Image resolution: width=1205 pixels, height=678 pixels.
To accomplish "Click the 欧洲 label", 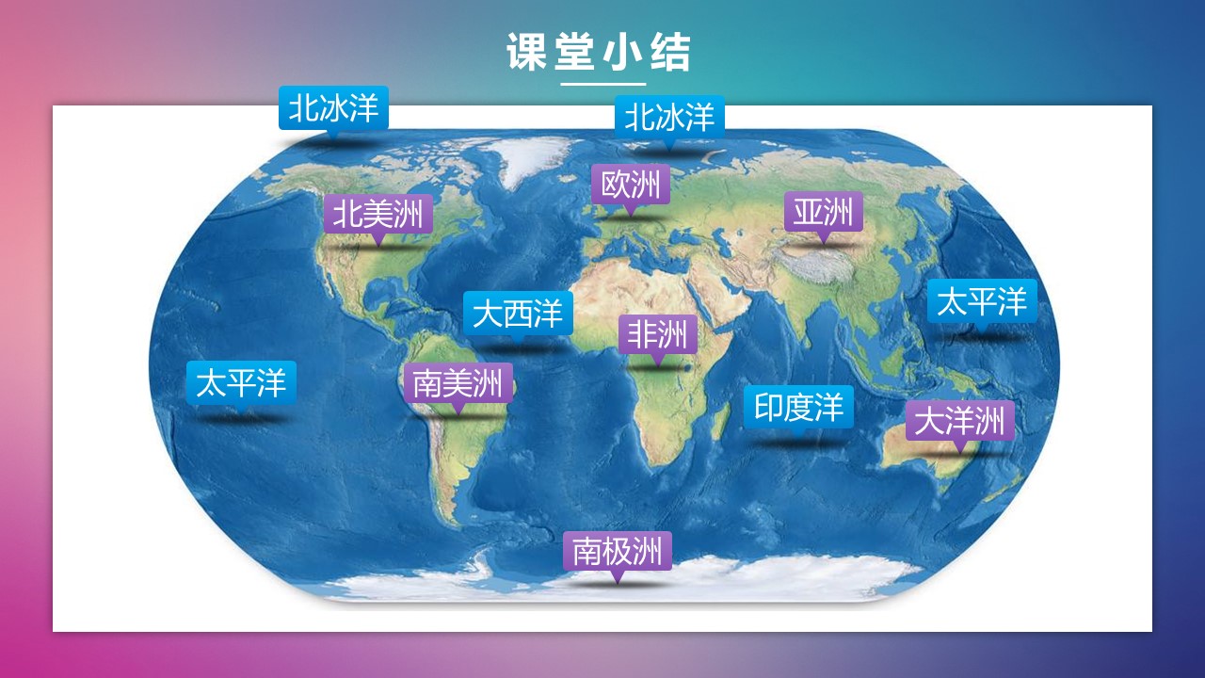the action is (631, 184).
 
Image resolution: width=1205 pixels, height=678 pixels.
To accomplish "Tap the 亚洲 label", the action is (823, 212).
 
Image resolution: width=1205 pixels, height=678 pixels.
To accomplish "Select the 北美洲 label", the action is (378, 214).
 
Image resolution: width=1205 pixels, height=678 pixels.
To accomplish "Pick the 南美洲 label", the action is (458, 383).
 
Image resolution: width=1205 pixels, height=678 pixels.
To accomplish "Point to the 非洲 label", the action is (658, 334).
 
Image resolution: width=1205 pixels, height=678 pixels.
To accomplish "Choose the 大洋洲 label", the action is (959, 420).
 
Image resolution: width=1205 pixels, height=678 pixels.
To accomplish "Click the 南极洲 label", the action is (618, 551).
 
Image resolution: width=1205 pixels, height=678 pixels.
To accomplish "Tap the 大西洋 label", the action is (518, 314).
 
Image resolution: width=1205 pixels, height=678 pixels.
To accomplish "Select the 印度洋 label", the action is (798, 407).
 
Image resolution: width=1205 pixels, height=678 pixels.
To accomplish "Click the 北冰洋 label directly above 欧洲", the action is (669, 117).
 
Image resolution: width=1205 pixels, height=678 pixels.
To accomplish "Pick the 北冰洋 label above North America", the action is (333, 107).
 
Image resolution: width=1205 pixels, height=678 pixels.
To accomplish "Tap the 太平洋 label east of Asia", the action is (982, 301).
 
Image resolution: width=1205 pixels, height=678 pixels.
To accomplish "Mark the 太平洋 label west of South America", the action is (241, 382).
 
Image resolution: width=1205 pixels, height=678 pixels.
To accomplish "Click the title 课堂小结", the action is (599, 52).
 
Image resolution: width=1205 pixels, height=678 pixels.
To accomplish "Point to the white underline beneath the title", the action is (603, 85).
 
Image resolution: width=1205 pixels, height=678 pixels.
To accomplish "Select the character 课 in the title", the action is (526, 52).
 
